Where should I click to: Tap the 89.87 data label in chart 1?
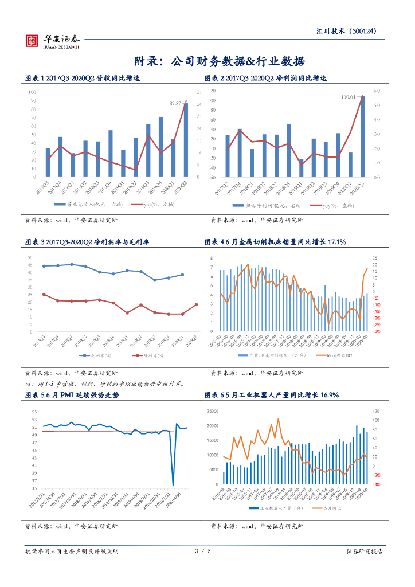(x=175, y=104)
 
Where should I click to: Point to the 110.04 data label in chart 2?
(x=349, y=97)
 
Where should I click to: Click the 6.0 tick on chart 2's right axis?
(x=377, y=91)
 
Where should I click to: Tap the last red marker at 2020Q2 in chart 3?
(x=197, y=304)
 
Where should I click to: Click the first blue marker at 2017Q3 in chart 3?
(x=44, y=266)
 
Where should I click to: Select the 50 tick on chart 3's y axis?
(x=29, y=257)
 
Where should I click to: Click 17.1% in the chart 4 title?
(x=336, y=242)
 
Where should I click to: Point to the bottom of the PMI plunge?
(x=173, y=485)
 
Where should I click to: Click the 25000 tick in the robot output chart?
(x=213, y=411)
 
